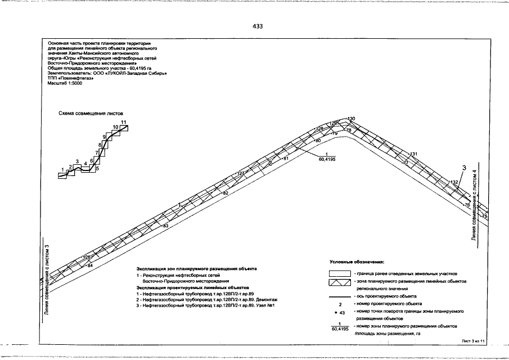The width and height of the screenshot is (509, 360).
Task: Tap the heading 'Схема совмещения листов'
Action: coord(91,113)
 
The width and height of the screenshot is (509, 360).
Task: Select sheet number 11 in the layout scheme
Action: coord(123,122)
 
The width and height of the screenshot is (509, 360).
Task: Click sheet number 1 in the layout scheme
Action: coord(62,169)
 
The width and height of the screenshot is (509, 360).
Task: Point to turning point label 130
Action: coord(352,119)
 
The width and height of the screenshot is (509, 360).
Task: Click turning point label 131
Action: coord(415,154)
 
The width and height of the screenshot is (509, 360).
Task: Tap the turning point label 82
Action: coord(226,193)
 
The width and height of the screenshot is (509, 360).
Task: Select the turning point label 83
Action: coord(165,226)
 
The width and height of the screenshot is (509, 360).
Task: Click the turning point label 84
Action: coord(90,265)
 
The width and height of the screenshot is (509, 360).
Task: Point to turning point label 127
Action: coord(241,173)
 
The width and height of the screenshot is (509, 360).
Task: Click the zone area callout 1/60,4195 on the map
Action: coord(327,157)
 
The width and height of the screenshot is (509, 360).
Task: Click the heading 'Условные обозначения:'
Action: coord(356,262)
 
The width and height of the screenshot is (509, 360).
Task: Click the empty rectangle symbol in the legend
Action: coord(339,272)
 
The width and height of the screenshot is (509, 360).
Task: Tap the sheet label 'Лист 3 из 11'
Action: coord(472,341)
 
